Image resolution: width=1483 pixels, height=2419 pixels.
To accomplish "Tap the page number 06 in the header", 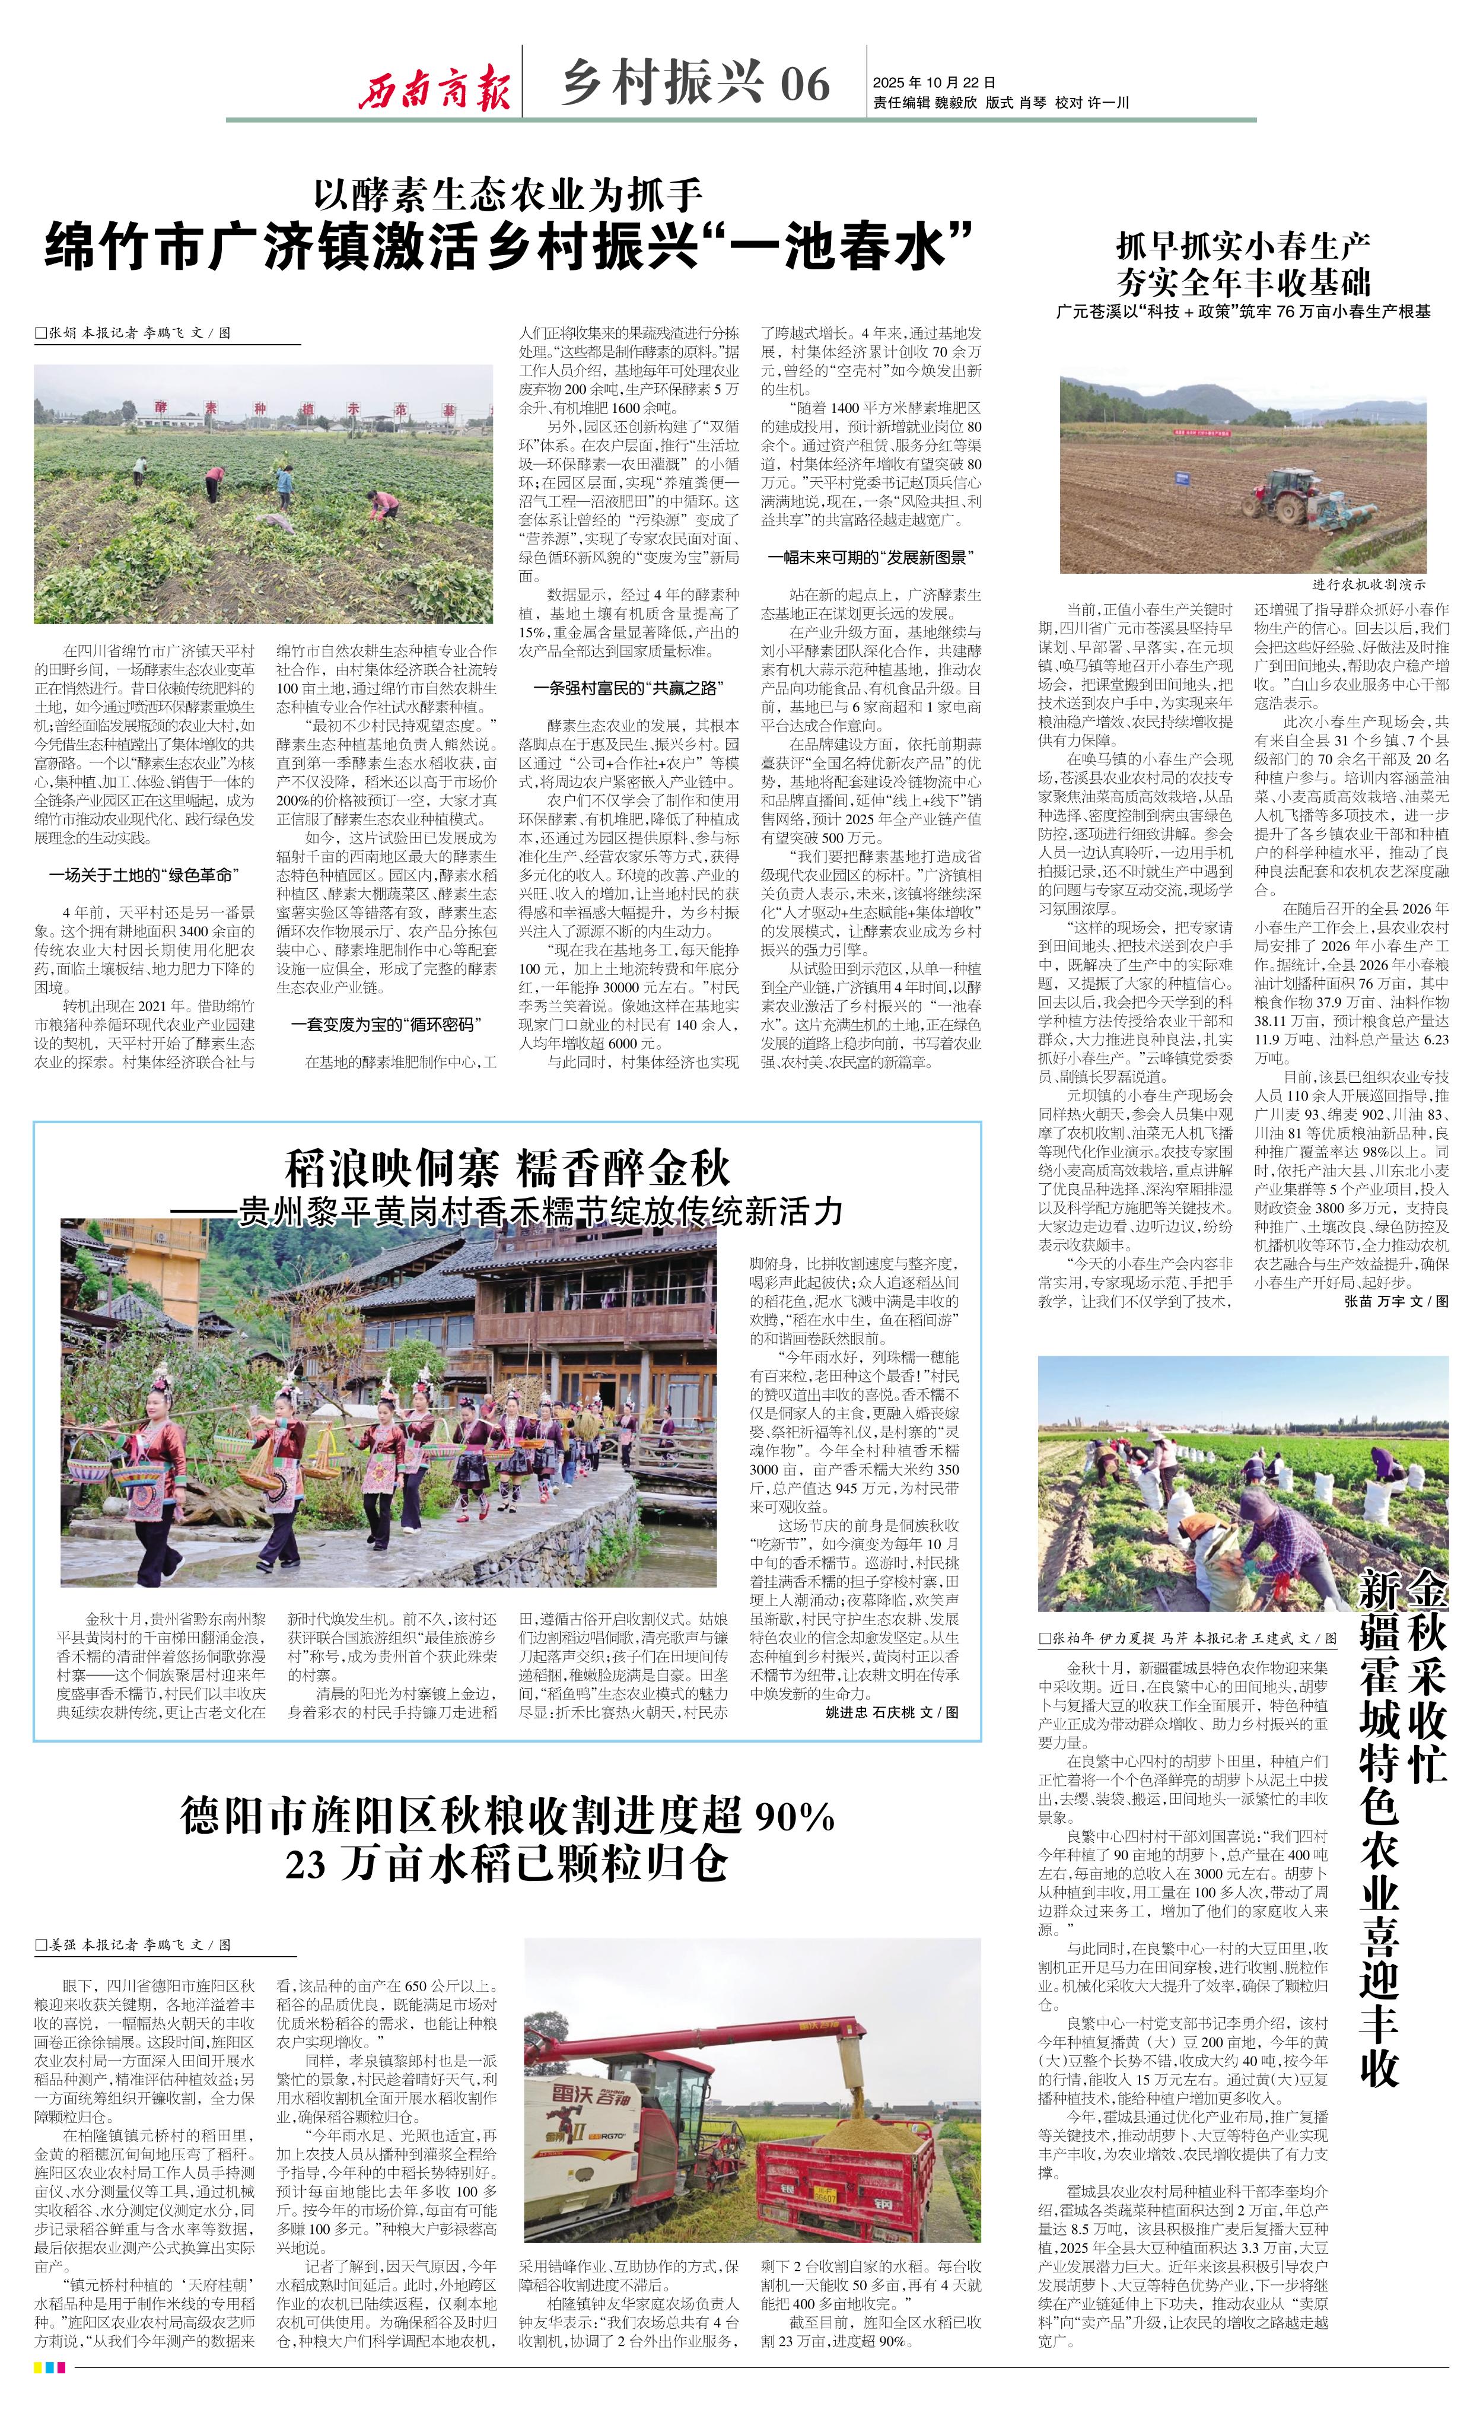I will click(x=805, y=84).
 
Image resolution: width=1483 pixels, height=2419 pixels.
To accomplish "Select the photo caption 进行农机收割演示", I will click(x=1368, y=584).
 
